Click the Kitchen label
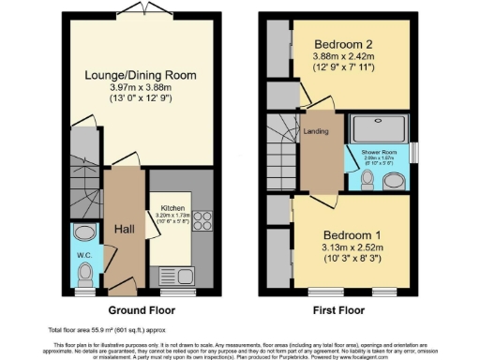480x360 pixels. point(171,207)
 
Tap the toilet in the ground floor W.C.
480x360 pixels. point(85,271)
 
